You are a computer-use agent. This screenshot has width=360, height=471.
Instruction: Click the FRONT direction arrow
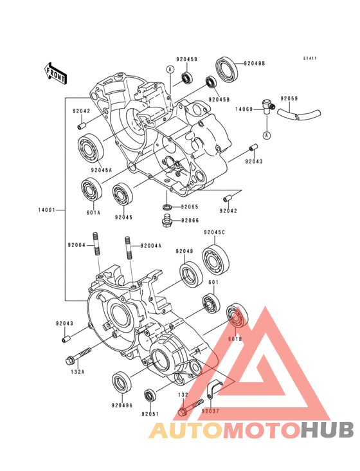pos(55,73)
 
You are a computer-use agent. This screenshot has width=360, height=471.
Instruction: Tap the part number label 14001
pos(46,210)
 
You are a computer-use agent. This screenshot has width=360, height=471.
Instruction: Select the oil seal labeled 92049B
pos(227,69)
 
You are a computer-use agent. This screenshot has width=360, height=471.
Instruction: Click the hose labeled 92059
pos(298,115)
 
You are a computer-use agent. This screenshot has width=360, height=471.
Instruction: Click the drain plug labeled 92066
pos(167,221)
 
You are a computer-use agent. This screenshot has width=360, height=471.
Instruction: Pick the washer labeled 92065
pos(166,207)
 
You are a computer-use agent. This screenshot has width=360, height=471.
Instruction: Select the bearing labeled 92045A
pos(91,149)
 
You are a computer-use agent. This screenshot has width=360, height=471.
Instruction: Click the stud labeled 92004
pos(96,244)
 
